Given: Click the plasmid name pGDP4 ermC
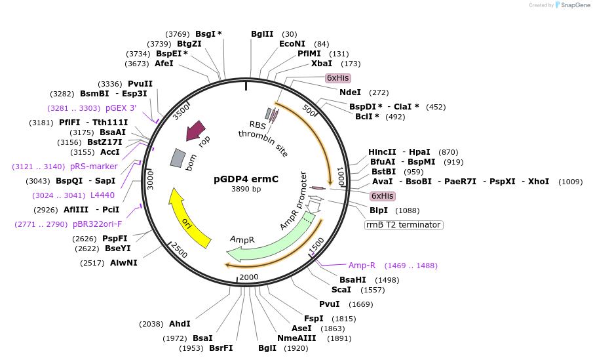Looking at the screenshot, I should (246, 179).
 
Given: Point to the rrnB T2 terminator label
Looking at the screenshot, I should (404, 225).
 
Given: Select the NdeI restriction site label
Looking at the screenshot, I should (350, 92).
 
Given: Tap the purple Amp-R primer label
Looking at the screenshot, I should (362, 266).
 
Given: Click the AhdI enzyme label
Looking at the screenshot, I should (180, 324).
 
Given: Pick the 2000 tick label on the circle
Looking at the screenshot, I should (248, 277).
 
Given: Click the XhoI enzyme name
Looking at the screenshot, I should (538, 182).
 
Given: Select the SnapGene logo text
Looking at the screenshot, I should (572, 5).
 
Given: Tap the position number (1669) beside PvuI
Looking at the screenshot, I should (361, 304).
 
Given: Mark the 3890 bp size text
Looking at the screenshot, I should (246, 190).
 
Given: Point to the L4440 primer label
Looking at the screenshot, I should (102, 195).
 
